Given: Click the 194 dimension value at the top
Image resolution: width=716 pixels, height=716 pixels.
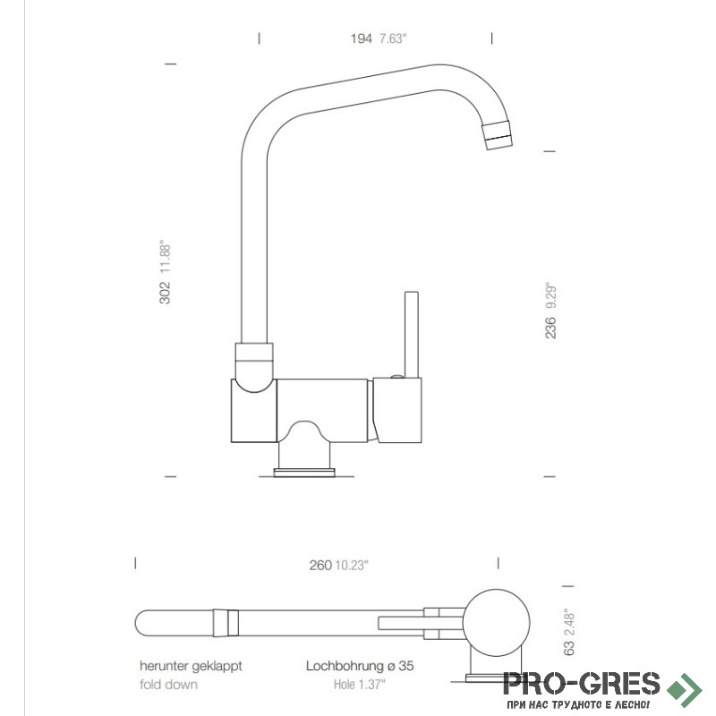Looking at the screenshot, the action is click(x=362, y=38).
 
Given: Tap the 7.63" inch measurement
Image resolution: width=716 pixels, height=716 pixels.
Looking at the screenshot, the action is click(x=393, y=38).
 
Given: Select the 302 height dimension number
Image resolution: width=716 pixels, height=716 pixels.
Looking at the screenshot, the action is click(x=165, y=293).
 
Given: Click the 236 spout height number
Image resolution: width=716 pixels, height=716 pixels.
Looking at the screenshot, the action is click(x=550, y=328).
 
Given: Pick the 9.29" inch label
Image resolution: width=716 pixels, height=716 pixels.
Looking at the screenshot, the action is click(x=550, y=297).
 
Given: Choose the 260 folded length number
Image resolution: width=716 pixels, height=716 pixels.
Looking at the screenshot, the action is click(x=320, y=566).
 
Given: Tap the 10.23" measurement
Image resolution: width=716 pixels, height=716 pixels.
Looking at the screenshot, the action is click(x=352, y=566).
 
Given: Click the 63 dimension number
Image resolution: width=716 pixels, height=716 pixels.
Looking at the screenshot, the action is click(x=568, y=648).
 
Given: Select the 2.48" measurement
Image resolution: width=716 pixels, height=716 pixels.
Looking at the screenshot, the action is click(x=568, y=623).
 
